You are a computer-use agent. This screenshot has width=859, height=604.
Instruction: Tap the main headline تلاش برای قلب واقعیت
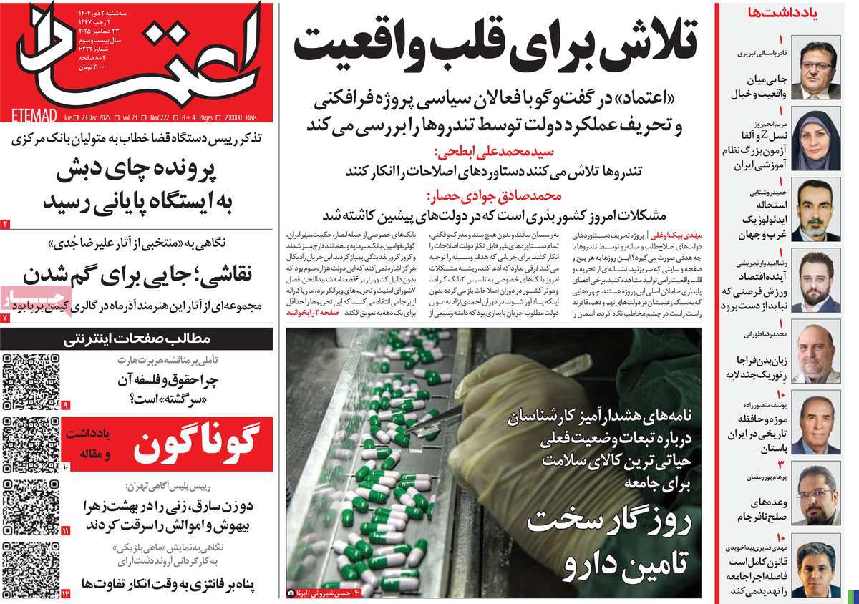(494, 44)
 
